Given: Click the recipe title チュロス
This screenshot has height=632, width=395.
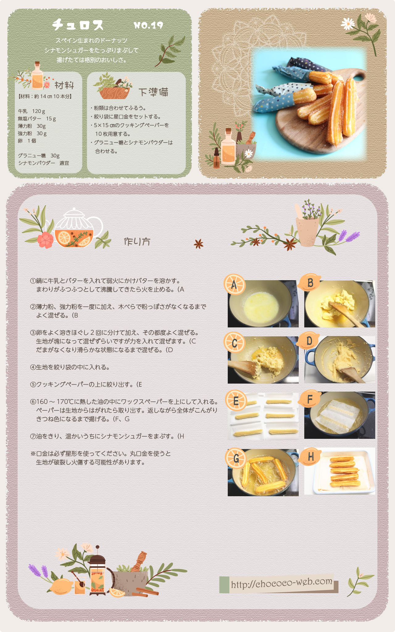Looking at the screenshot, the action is click(78, 24).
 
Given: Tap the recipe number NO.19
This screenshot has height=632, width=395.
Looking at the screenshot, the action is click(148, 25).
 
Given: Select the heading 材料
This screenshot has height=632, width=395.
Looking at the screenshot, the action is click(64, 85).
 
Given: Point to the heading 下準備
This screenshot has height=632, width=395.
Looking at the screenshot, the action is click(153, 92).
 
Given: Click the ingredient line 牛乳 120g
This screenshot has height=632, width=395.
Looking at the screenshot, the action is click(31, 111).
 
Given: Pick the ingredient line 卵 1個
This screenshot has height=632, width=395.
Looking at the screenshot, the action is click(27, 141).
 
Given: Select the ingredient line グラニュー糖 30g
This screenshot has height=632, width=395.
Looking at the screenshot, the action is click(39, 156).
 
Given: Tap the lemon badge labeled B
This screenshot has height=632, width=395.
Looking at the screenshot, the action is click(310, 282).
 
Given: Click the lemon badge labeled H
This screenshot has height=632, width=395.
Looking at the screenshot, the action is click(310, 456).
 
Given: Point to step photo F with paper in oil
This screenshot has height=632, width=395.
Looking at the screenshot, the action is click(340, 415).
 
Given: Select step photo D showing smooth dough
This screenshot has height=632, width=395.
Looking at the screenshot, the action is click(340, 360).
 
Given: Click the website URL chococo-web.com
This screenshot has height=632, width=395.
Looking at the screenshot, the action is click(281, 583).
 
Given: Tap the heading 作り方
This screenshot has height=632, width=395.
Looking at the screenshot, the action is click(137, 241).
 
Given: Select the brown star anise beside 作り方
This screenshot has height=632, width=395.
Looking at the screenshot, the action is click(198, 244).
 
